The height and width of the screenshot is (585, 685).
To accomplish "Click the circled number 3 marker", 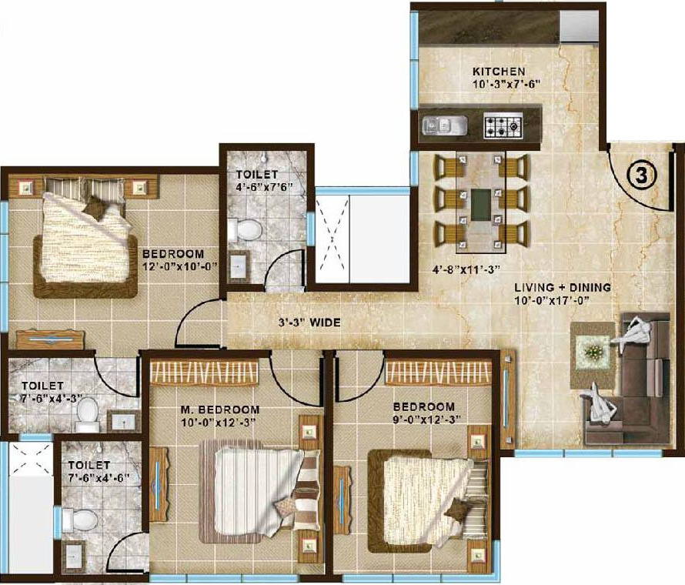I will (x=643, y=175).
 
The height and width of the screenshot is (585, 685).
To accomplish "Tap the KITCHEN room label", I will (x=499, y=72).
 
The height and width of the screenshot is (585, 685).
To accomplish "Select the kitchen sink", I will (x=442, y=124).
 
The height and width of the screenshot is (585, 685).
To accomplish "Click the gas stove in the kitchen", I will (x=503, y=125).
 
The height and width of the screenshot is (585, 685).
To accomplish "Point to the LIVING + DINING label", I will (x=563, y=287).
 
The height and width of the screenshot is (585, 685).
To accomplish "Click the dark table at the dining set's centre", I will (x=482, y=204).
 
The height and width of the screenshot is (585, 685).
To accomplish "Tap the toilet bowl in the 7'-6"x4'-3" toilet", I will (x=87, y=413).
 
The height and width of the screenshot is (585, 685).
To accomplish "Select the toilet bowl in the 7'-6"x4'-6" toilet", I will (x=81, y=520).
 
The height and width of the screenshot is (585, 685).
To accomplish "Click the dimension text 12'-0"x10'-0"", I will (x=175, y=266).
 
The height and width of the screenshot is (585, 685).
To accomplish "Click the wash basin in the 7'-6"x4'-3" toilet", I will (x=121, y=420).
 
